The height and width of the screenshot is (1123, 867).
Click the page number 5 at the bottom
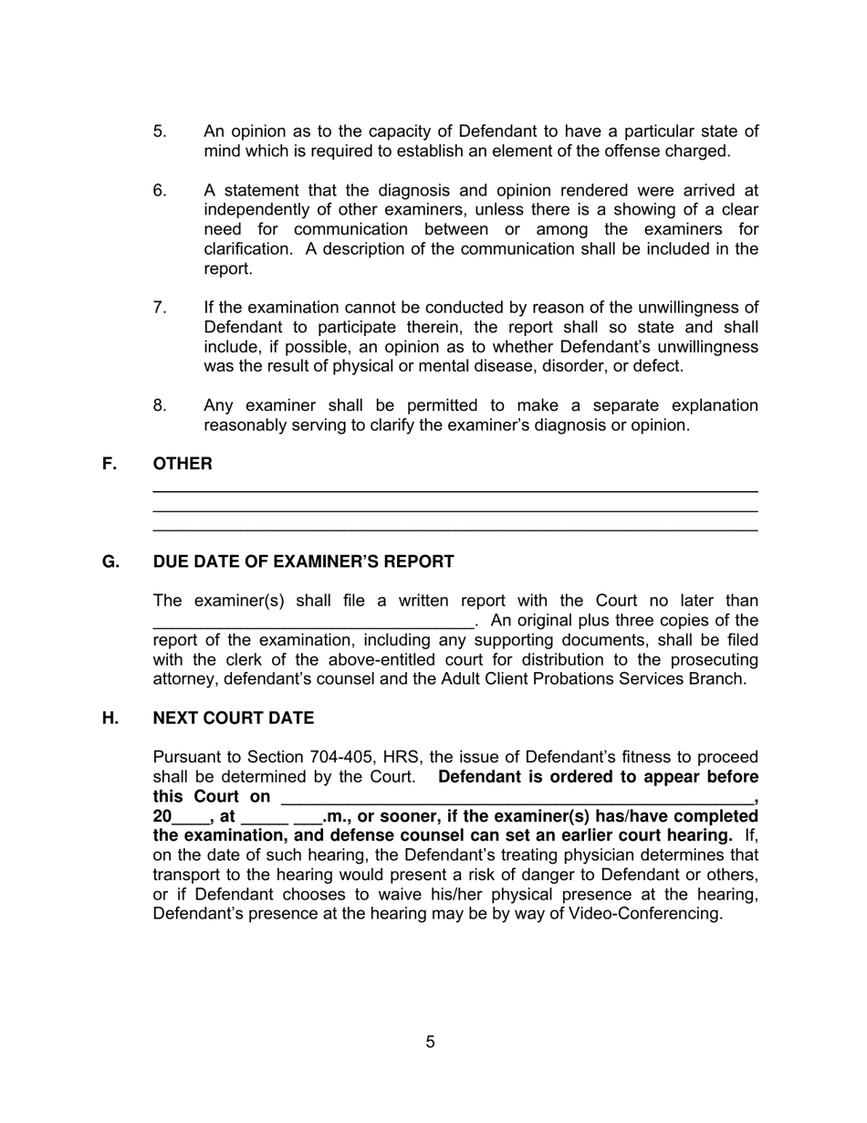[x=430, y=1042]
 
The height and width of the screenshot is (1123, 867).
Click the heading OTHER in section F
[x=183, y=464]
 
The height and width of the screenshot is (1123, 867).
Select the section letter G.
[x=110, y=561]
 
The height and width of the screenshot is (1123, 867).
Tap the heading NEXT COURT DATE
[x=233, y=719]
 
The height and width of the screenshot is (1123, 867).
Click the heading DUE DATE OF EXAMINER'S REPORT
[x=303, y=561]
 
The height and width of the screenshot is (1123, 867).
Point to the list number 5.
[x=160, y=131]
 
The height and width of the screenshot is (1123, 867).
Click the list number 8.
[x=160, y=405]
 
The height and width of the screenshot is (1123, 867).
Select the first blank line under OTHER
[x=454, y=491]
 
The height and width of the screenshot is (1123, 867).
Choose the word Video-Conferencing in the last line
[x=644, y=914]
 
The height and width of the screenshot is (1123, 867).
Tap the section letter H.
[x=110, y=719]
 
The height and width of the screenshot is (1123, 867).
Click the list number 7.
[x=160, y=308]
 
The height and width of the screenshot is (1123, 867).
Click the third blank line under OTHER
[x=454, y=530]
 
